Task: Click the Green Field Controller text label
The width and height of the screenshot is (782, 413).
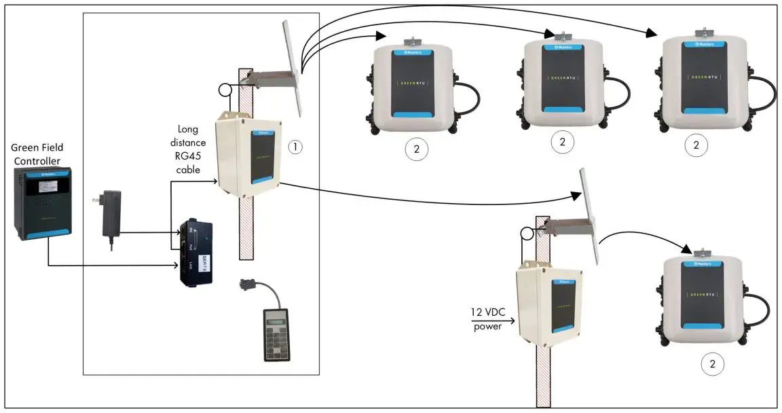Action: [x=42, y=154]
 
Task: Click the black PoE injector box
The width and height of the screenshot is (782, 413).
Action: [x=195, y=253]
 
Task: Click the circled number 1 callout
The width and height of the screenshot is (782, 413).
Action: [x=295, y=145]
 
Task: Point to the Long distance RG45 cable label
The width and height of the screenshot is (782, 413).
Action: [x=189, y=149]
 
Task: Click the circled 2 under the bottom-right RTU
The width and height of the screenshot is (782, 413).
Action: [x=712, y=364]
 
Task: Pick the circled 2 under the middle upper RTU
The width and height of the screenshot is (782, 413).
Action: [x=562, y=142]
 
